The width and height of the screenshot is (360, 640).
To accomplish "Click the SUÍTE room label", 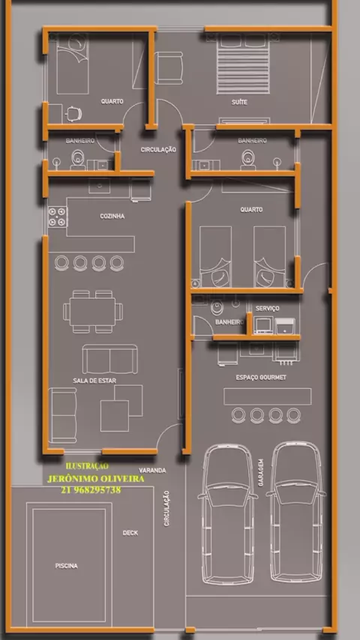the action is pyautogui.click(x=239, y=102).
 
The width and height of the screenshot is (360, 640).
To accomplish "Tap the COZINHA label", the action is pyautogui.click(x=112, y=216).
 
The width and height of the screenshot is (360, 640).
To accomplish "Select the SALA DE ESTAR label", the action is pyautogui.click(x=94, y=381).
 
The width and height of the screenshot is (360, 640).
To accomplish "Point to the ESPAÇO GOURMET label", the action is pyautogui.click(x=261, y=378).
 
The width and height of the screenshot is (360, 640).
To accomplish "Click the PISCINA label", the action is pyautogui.click(x=66, y=566).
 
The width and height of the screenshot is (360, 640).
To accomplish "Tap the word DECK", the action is pyautogui.click(x=130, y=533).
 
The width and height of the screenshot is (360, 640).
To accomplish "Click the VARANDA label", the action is pyautogui.click(x=152, y=470).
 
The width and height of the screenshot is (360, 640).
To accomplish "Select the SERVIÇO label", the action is pyautogui.click(x=268, y=308).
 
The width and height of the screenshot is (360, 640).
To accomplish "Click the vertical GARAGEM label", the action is pyautogui.click(x=261, y=472).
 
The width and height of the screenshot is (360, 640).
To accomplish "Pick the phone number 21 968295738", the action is pyautogui.click(x=91, y=490).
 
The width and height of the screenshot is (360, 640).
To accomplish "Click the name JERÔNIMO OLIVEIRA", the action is pyautogui.click(x=95, y=479).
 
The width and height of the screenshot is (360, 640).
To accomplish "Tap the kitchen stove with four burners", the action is pyautogui.click(x=58, y=217).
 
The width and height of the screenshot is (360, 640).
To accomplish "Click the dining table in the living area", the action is pyautogui.click(x=92, y=312).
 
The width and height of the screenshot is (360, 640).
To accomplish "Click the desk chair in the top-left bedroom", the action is pyautogui.click(x=73, y=114).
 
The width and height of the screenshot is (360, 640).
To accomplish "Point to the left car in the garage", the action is pyautogui.click(x=228, y=514).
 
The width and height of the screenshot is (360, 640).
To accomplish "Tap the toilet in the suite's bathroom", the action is pyautogui.click(x=247, y=160).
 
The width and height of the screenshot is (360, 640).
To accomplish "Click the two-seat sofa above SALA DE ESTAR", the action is pyautogui.click(x=110, y=359).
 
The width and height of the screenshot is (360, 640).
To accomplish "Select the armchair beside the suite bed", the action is pyautogui.click(x=168, y=67).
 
